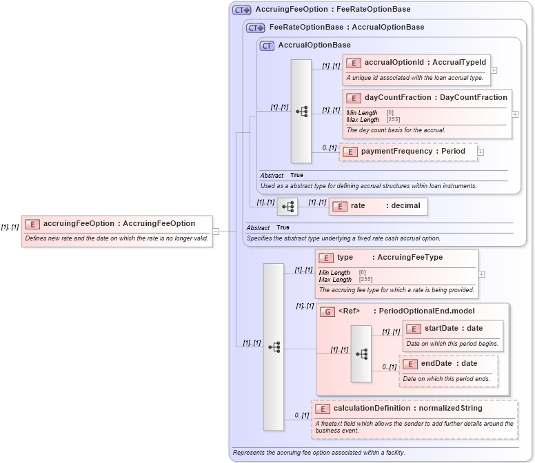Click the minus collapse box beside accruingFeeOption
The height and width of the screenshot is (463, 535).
point(216,231)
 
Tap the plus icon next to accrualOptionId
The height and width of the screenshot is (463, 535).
point(494,70)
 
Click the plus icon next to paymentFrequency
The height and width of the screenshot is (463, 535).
point(481,152)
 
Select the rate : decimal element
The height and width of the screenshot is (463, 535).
point(378,205)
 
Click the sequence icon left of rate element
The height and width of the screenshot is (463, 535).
point(287,206)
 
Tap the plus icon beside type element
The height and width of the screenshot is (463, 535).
point(481,274)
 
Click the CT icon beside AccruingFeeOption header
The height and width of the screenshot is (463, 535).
point(241,10)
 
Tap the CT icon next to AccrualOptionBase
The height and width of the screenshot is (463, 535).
point(267,45)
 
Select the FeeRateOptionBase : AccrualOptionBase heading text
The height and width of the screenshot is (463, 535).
point(346,28)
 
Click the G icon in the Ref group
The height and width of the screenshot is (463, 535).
point(327,312)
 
